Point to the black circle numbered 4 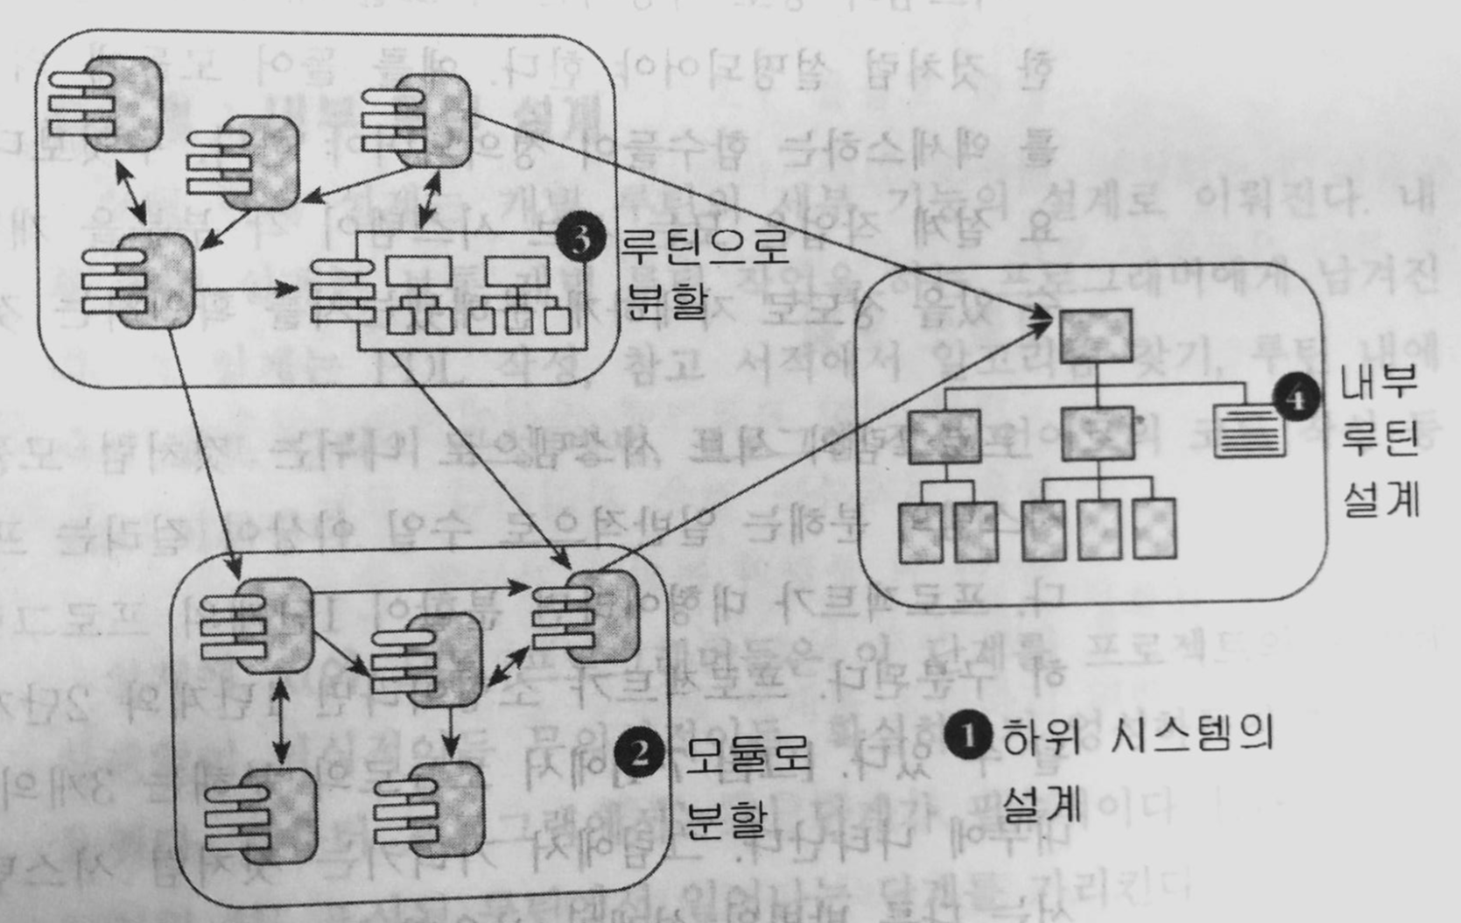1296,398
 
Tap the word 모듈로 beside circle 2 748,755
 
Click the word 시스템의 1191,735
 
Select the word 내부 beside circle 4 1379,382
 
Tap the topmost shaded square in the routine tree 1097,336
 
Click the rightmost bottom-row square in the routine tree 1154,529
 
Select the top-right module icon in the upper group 417,120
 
